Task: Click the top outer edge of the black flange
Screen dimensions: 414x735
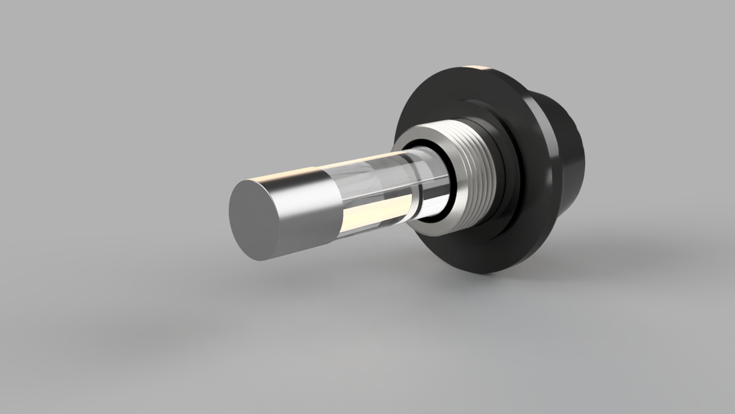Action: [459, 69]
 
